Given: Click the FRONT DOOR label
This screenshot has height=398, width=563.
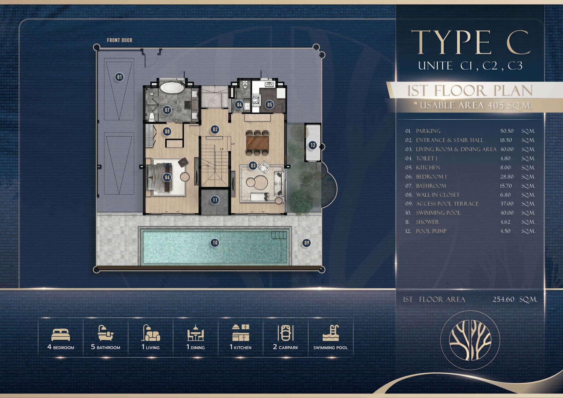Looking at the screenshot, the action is (119, 40).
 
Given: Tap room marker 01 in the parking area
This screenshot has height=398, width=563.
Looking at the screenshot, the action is (119, 77).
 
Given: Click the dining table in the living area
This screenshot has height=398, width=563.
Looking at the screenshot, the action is (258, 143).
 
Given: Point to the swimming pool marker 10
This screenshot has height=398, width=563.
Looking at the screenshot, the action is (215, 243).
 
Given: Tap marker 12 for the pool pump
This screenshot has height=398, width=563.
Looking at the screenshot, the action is (312, 145).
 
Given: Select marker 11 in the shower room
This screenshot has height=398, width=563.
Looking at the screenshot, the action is (215, 200).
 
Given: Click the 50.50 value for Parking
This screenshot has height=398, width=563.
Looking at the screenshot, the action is (507, 131).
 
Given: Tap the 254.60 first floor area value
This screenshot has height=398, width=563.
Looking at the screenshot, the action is (503, 299).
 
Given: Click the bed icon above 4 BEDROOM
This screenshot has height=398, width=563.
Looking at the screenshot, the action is (61, 334).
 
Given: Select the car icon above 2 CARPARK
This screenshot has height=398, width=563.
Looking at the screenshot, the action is (286, 333).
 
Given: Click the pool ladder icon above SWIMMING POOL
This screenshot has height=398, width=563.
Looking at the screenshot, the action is (331, 333).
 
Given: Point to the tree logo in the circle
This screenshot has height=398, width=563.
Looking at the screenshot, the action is (470, 340).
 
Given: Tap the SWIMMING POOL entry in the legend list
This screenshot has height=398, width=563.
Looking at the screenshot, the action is (438, 213).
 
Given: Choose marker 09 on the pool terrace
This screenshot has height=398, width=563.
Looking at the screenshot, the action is (307, 243).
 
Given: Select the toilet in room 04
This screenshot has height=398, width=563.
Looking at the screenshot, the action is (245, 86).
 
